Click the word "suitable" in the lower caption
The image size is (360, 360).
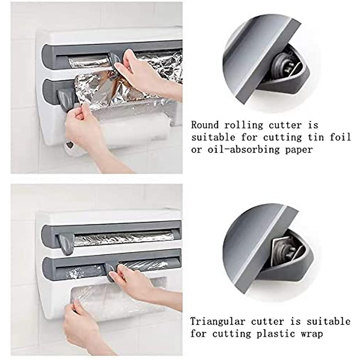click(328, 321)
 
